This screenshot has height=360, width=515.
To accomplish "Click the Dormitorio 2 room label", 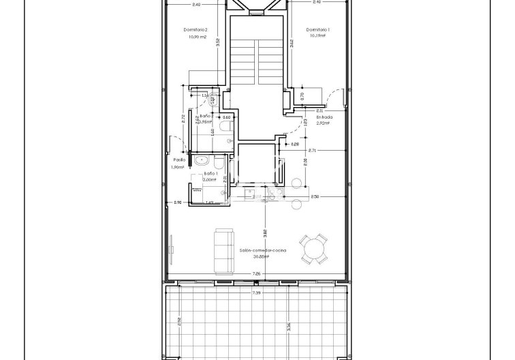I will (195, 29).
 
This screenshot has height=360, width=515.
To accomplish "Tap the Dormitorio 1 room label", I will (318, 29).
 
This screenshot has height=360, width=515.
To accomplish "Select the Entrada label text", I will (324, 117).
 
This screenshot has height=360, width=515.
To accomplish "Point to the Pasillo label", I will (179, 160).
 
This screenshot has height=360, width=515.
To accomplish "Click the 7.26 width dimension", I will (255, 274).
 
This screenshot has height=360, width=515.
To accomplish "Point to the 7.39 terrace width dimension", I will (256, 292).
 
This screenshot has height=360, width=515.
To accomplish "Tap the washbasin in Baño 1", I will (200, 161).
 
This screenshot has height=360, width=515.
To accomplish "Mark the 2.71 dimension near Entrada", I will (312, 150).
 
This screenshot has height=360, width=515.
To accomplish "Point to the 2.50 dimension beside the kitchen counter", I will (314, 196).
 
